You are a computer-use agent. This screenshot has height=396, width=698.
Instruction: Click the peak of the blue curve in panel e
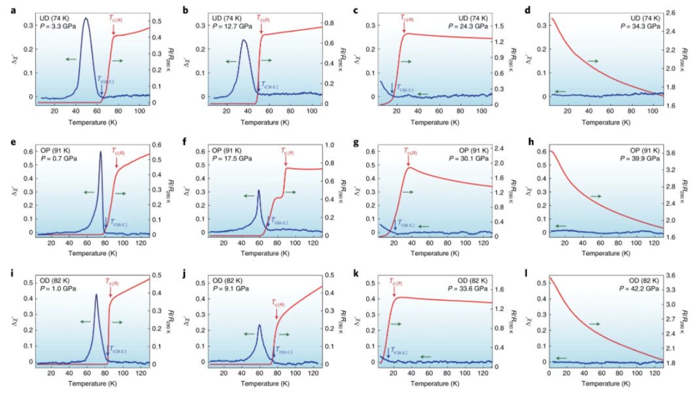pos(101,152)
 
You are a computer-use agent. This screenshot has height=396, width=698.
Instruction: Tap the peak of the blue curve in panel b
pos(243,41)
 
